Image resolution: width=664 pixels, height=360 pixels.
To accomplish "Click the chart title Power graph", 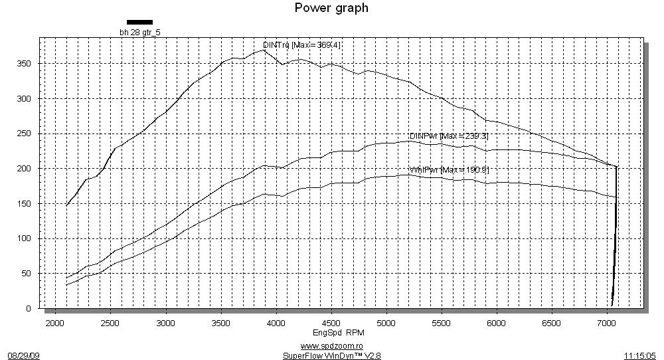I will point(331,8).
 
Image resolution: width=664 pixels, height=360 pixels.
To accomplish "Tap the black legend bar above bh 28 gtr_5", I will point(139,22).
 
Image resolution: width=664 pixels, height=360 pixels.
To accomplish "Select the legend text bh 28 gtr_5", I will point(139,31).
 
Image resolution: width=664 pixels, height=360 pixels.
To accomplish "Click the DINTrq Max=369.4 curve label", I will point(302,45).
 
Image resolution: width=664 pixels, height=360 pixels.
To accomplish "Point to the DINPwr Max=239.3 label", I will point(449,136).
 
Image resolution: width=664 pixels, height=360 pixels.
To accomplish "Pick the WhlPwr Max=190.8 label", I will point(449,170).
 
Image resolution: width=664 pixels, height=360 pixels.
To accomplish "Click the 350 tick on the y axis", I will point(25,64).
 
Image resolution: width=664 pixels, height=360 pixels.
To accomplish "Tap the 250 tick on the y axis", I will point(25,134).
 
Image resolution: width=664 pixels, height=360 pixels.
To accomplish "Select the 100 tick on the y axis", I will point(25,238).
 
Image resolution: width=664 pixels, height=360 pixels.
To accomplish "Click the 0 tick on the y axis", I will point(29,309).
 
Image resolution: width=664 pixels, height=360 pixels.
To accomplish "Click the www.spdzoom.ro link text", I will point(331,346).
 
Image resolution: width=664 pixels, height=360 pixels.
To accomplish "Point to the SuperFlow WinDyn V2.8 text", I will point(331,355).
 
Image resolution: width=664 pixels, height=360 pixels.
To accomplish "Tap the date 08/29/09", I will point(24,355).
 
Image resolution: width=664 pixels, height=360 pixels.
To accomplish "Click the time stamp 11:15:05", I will point(640,355).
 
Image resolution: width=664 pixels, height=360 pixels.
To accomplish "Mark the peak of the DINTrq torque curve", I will point(264,50).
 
